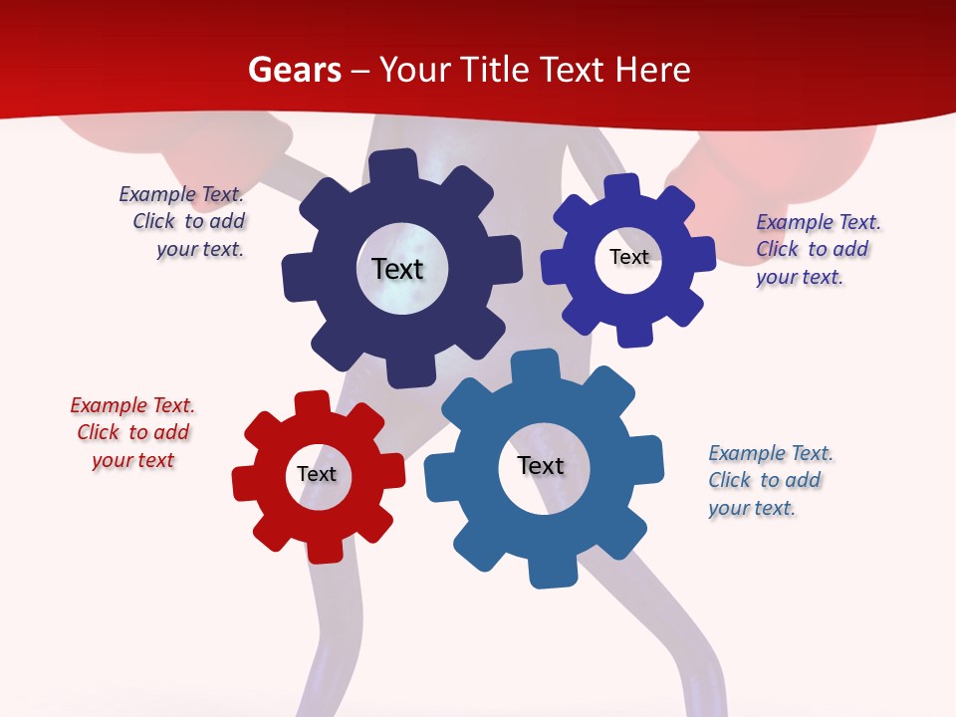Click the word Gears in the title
pyautogui.click(x=294, y=70)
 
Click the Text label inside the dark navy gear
pyautogui.click(x=397, y=269)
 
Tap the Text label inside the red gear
pyautogui.click(x=317, y=475)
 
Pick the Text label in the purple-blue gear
pyautogui.click(x=628, y=257)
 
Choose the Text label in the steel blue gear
pyautogui.click(x=541, y=466)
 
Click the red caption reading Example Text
pyautogui.click(x=132, y=405)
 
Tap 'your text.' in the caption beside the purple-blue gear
pyautogui.click(x=799, y=277)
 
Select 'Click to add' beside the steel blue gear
pyautogui.click(x=765, y=480)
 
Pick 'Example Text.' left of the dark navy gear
pyautogui.click(x=181, y=194)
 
